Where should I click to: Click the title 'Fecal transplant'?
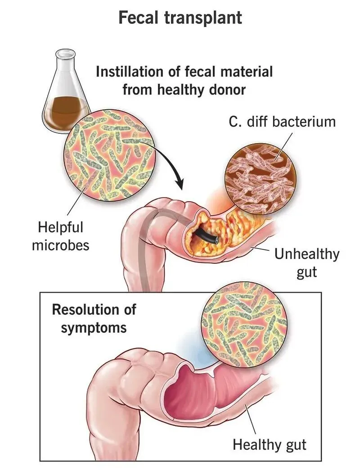pyautogui.click(x=180, y=18)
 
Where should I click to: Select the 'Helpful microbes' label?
pyautogui.click(x=61, y=236)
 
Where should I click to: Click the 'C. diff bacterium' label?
pyautogui.click(x=282, y=121)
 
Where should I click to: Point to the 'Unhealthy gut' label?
pyautogui.click(x=307, y=262)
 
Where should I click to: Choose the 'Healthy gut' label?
pyautogui.click(x=270, y=445)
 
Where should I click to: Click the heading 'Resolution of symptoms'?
pyautogui.click(x=94, y=318)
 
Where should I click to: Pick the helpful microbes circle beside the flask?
pyautogui.click(x=107, y=155)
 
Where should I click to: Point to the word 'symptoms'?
pyautogui.click(x=94, y=327)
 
